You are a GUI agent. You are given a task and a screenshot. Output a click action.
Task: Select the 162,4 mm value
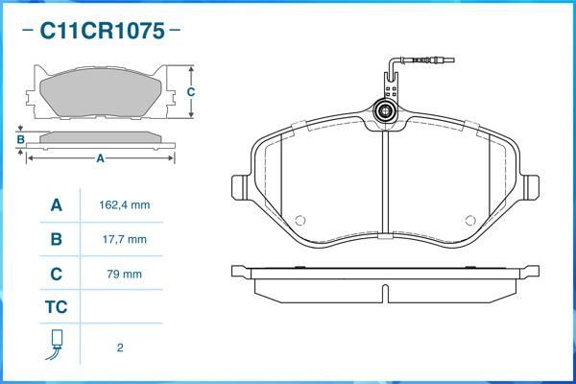124,205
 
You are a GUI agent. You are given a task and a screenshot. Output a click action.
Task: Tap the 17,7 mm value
124,239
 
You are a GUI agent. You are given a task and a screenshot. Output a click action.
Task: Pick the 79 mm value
124,274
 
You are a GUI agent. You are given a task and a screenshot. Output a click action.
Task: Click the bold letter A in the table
56,205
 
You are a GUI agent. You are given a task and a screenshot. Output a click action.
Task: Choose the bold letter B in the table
56,239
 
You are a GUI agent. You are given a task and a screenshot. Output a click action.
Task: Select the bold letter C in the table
56,274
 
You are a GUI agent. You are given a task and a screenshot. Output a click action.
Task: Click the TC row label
56,308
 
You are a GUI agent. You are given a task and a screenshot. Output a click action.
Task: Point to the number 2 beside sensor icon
119,348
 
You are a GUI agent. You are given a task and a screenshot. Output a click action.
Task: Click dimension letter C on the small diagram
191,92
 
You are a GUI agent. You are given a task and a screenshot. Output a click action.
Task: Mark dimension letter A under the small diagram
100,158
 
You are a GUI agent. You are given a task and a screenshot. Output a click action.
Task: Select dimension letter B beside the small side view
20,139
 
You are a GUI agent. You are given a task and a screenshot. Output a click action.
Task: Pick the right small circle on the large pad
471,218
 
